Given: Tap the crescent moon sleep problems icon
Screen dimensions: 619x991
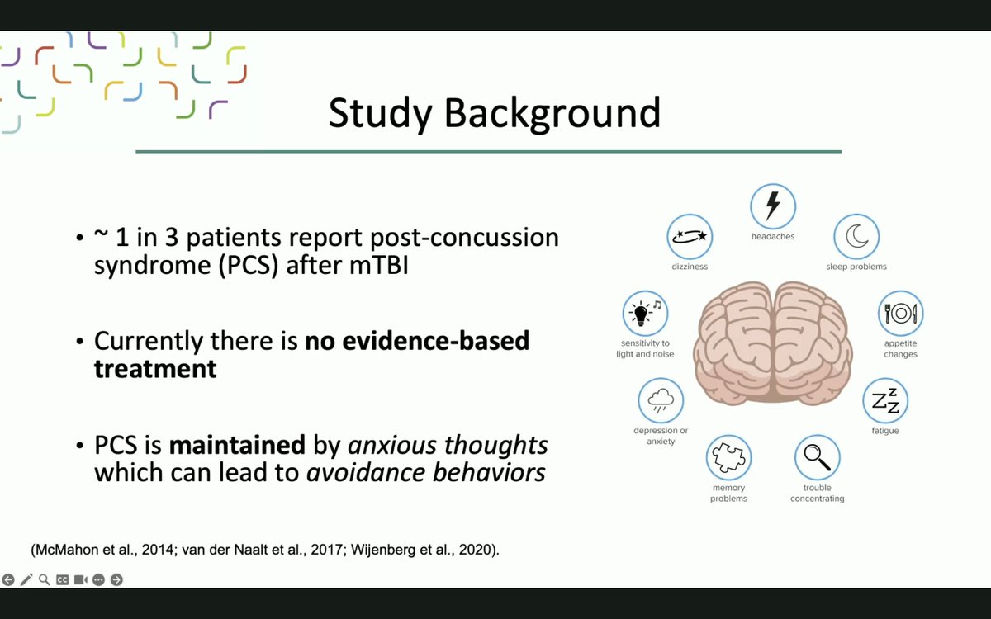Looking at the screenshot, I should point(856,237).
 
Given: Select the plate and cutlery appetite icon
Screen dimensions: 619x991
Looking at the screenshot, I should point(900,313).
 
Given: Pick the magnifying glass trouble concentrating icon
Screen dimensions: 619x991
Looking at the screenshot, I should point(817,456).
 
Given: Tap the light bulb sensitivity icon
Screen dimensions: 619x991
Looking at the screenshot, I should point(645,313).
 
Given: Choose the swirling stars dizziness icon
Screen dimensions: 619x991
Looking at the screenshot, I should point(690,237).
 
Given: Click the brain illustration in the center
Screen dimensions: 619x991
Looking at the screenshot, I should point(772,343).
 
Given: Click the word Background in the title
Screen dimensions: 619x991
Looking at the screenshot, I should point(552,113).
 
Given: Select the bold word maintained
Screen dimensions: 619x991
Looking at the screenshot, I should point(237,446).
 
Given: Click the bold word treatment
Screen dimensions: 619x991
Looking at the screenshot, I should point(155,368).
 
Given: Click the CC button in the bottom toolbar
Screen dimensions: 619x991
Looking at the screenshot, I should point(62,579).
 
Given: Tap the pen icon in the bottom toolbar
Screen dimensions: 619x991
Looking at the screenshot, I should point(26,579).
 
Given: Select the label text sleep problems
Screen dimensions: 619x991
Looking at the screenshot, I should point(856,267).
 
